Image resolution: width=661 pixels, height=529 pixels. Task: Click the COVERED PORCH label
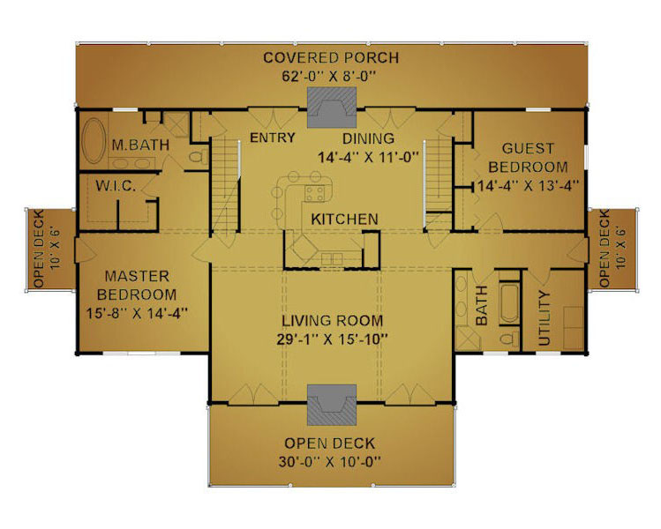tap(331, 57)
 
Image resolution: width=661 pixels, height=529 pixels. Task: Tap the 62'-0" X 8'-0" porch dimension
tap(329, 77)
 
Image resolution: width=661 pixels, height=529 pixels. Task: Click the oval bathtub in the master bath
tap(94, 140)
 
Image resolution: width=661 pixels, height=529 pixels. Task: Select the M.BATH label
tap(140, 145)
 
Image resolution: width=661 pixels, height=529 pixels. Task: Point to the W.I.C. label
tap(116, 186)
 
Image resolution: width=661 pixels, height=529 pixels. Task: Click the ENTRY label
tap(273, 138)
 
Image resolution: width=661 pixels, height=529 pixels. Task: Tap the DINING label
tap(368, 138)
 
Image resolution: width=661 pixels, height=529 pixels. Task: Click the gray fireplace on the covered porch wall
tap(332, 108)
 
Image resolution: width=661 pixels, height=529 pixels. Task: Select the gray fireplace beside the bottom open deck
tap(332, 405)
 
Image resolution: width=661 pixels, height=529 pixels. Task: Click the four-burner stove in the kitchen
tap(315, 194)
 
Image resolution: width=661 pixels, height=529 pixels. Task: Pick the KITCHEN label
tap(344, 219)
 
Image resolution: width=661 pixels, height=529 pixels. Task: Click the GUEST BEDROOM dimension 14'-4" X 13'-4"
tap(528, 186)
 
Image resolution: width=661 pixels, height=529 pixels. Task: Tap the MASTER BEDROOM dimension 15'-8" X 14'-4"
tap(137, 313)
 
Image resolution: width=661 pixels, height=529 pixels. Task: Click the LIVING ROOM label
tap(332, 321)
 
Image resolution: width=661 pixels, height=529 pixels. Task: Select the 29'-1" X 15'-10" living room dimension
tap(332, 339)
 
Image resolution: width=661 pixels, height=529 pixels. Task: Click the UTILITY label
tap(545, 318)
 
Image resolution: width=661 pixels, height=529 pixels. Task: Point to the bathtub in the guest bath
tap(510, 303)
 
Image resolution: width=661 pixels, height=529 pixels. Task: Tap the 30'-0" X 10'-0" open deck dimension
tap(329, 462)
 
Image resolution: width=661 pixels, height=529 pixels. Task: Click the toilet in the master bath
tap(199, 157)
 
